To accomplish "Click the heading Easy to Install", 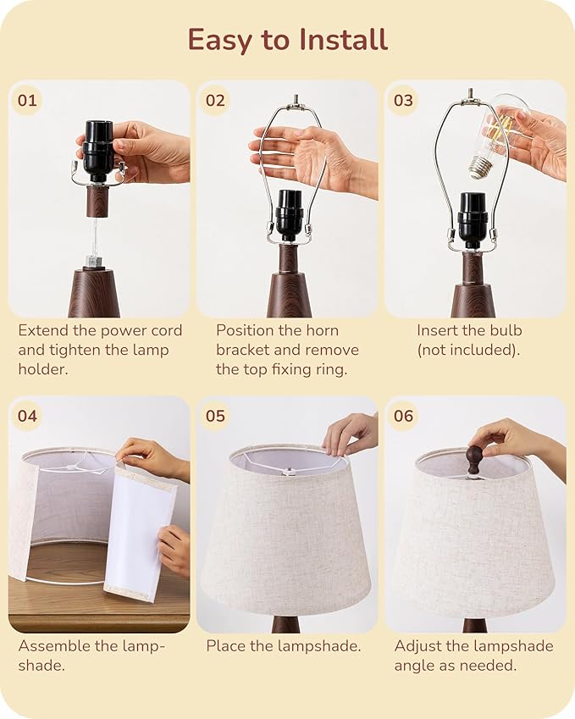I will pos(287,40).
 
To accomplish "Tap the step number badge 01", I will pos(27,101).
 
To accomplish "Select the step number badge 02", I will pos(215,101).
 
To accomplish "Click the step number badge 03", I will pos(403,101).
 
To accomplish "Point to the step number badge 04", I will pos(27,416).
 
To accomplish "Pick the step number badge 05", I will pos(215,416).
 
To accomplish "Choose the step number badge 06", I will pos(403,416).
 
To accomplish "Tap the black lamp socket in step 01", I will pos(98,151).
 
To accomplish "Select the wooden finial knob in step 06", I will pos(474,459).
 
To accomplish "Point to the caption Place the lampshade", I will pos(284,646).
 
